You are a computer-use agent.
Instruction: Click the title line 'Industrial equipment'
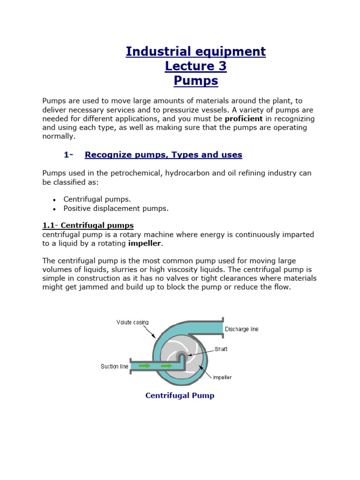[x=195, y=52]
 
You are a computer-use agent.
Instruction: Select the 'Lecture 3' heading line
[x=195, y=66]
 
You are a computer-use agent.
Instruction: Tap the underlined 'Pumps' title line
[x=195, y=81]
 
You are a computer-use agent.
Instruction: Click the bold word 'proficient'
[x=244, y=119]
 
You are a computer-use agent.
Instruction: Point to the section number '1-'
[x=69, y=155]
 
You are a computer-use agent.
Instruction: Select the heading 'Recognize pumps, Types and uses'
[x=163, y=155]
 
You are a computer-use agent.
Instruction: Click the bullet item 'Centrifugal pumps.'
[x=97, y=199]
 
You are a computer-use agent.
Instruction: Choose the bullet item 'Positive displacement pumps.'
[x=116, y=208]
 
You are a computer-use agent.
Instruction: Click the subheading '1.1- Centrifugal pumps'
[x=88, y=225]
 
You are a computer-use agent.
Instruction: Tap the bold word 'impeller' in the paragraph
[x=144, y=243]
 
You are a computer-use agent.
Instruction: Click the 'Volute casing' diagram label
[x=133, y=322]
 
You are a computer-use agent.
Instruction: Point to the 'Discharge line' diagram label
[x=241, y=329]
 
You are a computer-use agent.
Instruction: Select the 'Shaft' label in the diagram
[x=221, y=349]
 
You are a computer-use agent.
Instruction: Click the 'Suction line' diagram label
[x=114, y=366]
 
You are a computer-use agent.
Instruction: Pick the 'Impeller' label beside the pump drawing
[x=222, y=377]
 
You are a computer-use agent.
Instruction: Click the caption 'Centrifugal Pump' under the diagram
[x=180, y=396]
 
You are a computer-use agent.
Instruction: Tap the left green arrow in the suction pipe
[x=144, y=365]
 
